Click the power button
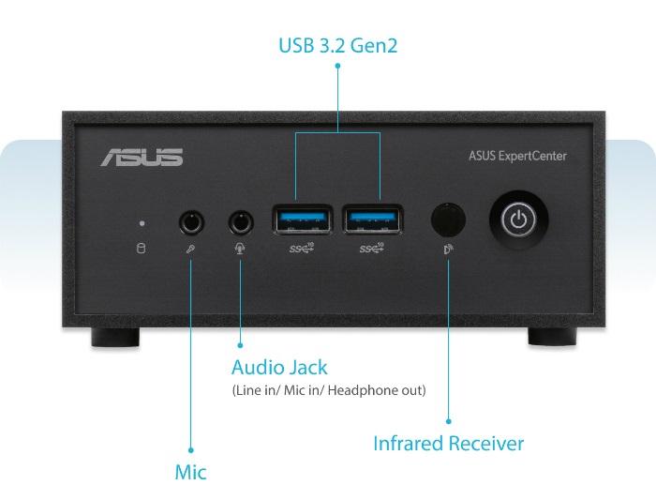(519, 220)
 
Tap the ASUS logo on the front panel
(142, 158)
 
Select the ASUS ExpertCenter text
(517, 157)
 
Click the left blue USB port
(303, 219)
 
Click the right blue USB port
(373, 219)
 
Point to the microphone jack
(191, 222)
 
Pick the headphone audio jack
(241, 222)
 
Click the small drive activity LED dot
(142, 223)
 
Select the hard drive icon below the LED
(142, 248)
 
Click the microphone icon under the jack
(190, 250)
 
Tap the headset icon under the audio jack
(240, 249)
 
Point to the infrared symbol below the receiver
(449, 250)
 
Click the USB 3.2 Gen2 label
(338, 45)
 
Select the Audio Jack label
(279, 367)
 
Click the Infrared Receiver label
(449, 444)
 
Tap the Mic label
(191, 472)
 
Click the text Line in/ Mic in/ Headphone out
(329, 390)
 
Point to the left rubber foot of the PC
(115, 337)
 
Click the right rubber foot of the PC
(552, 337)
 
